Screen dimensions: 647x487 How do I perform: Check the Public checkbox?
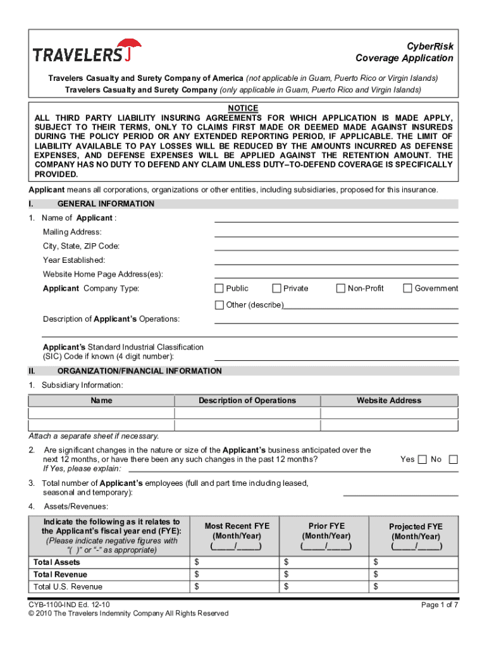[x=219, y=289]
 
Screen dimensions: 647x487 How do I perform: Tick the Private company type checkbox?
[x=276, y=289]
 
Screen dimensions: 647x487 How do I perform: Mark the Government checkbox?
[x=407, y=289]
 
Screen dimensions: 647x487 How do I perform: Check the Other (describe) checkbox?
[x=219, y=305]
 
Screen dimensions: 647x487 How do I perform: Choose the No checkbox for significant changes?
[x=452, y=459]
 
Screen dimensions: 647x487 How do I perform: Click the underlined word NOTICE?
[x=243, y=108]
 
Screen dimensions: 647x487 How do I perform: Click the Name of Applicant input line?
[x=336, y=219]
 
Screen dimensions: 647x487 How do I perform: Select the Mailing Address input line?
[x=336, y=233]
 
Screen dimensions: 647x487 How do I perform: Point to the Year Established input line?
[x=336, y=260]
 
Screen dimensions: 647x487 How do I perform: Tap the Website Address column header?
[x=388, y=401]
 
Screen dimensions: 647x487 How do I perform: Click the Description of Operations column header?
[x=247, y=401]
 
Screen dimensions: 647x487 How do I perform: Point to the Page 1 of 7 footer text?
[x=440, y=605]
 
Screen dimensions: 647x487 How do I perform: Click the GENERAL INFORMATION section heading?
[x=106, y=204]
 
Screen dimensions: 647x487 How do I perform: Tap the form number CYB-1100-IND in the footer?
[x=56, y=605]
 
